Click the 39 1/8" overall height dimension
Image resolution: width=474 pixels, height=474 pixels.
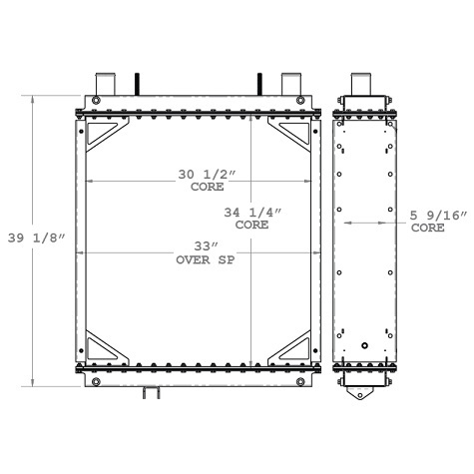36,238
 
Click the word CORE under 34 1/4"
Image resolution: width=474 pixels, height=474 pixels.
252,226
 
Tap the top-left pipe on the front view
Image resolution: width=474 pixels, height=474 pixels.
106,84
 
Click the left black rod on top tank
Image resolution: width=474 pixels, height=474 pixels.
136,85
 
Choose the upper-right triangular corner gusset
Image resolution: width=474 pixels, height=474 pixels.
293,136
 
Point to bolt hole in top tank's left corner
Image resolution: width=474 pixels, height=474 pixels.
93,104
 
